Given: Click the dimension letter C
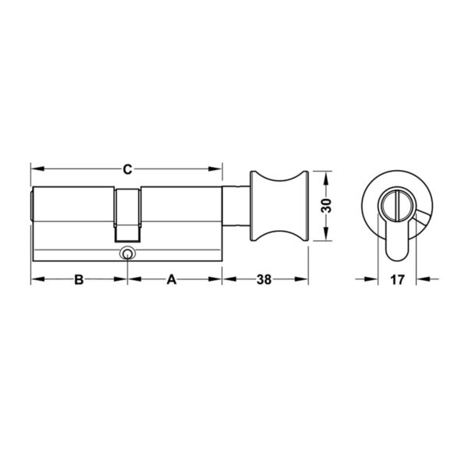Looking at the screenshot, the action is [127, 169].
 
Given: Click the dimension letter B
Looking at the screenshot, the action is [79, 280].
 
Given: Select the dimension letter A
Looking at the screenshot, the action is [172, 280].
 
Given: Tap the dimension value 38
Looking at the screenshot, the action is [264, 280].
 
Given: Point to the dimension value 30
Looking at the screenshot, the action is [326, 205].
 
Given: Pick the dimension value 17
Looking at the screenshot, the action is [397, 280].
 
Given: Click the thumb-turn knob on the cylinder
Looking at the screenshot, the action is [279, 206].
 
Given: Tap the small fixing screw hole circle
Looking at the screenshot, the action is [127, 253].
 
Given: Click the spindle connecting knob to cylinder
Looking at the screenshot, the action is [236, 206].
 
